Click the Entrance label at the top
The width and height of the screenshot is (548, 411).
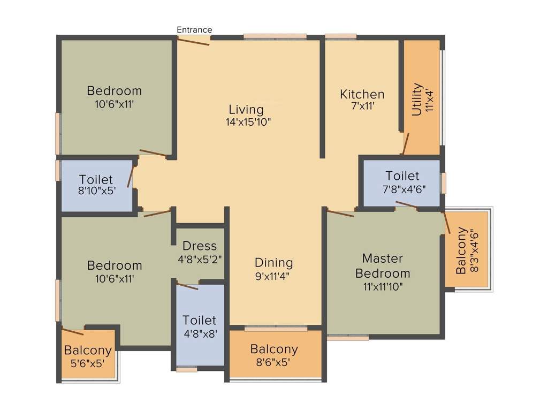(x=195, y=29)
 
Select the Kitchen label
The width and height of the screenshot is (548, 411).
(x=362, y=94)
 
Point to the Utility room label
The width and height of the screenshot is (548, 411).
(x=417, y=100)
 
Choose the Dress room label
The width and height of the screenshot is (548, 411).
(x=200, y=246)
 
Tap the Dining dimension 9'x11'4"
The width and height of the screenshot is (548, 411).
(x=273, y=277)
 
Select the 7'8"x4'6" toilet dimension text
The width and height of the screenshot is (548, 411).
(x=402, y=188)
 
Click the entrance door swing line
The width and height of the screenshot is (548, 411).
(x=193, y=41)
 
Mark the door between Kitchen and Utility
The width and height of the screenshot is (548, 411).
(x=406, y=143)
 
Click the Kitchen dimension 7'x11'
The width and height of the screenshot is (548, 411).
(x=362, y=106)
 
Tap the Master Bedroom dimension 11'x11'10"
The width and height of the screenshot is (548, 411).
(x=383, y=286)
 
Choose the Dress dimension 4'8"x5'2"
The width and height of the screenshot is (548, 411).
(x=200, y=258)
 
